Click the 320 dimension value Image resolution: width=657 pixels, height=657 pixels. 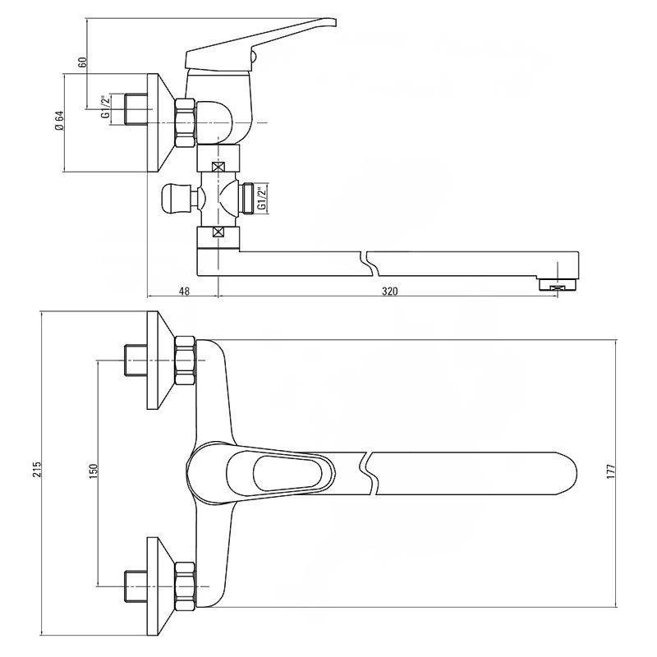(x=389, y=292)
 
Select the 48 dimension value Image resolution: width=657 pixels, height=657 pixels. (x=184, y=292)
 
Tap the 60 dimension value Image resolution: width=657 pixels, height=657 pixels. (x=83, y=62)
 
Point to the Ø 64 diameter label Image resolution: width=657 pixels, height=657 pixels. (x=59, y=120)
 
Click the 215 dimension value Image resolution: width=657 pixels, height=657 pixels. (x=37, y=470)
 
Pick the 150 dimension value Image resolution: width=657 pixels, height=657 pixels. (x=93, y=471)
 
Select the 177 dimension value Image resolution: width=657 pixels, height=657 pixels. (x=610, y=471)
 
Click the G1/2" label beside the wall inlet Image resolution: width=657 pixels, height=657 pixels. (x=106, y=108)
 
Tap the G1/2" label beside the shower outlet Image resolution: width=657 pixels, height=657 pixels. (x=261, y=199)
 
